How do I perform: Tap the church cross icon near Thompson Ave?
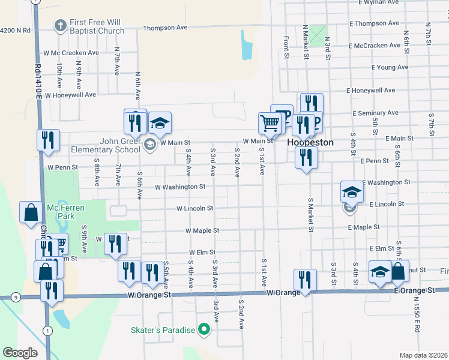tap(59, 25)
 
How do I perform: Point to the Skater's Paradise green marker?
tap(204, 329)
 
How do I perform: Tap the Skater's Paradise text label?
tap(163, 330)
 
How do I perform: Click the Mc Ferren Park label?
tap(66, 212)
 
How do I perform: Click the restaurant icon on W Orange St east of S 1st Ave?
tap(305, 280)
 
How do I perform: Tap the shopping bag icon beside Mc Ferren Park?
tap(30, 212)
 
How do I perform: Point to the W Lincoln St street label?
tap(194, 209)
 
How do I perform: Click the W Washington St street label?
tap(180, 187)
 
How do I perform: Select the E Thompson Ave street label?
tap(374, 23)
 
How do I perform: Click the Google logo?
tap(20, 353)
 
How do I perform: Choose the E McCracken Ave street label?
tap(375, 46)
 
